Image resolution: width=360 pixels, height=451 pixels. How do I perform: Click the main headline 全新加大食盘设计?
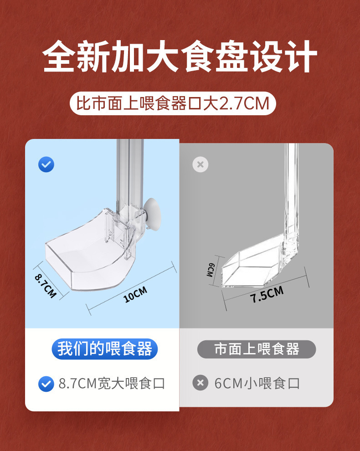pyautogui.click(x=180, y=57)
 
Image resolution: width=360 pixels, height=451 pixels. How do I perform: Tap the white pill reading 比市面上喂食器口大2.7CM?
pyautogui.click(x=173, y=103)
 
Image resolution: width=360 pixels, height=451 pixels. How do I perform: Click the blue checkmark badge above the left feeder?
pyautogui.click(x=46, y=164)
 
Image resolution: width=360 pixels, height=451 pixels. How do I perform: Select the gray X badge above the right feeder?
pyautogui.click(x=200, y=164)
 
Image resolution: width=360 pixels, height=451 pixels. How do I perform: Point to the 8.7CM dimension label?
pyautogui.click(x=45, y=286)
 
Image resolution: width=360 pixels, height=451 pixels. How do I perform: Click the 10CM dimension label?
pyautogui.click(x=135, y=295)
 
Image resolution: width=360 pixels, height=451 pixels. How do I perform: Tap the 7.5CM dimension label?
pyautogui.click(x=267, y=295)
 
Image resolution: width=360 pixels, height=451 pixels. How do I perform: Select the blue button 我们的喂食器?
pyautogui.click(x=104, y=349)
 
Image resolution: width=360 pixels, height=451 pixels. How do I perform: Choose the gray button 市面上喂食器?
pyautogui.click(x=257, y=349)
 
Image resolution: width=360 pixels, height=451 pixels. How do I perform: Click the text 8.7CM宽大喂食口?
pyautogui.click(x=112, y=384)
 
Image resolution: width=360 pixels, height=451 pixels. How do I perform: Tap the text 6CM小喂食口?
pyautogui.click(x=257, y=384)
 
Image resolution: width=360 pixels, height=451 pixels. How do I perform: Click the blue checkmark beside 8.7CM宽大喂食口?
pyautogui.click(x=46, y=384)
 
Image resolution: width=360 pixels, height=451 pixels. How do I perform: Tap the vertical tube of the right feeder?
pyautogui.click(x=292, y=191)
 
